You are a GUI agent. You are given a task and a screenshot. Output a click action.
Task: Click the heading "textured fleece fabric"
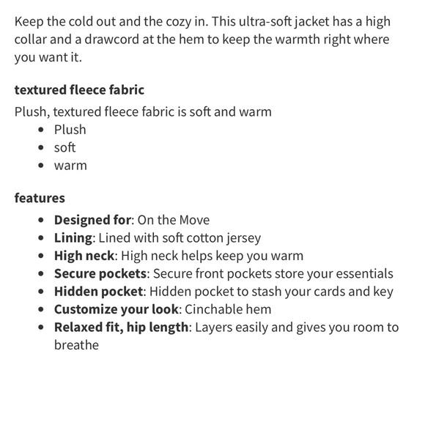coord(79,90)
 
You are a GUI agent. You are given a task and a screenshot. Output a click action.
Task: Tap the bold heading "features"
coord(40,198)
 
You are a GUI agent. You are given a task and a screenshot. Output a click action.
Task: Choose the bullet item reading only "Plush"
coord(70,130)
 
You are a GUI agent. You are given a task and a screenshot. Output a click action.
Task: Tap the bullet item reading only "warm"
coord(70,165)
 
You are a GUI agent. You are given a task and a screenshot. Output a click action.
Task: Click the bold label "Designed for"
coord(92,220)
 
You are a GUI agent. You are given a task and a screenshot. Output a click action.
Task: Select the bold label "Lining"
coord(73,237)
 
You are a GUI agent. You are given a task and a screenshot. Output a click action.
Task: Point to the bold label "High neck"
coord(84,256)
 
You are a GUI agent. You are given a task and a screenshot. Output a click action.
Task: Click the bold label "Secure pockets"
coord(100,273)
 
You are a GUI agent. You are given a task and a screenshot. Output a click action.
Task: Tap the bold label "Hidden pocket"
coord(98,291)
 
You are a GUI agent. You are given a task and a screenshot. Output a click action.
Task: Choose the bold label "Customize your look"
coord(116,309)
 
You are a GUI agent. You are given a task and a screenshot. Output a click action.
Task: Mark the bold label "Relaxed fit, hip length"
coord(121,327)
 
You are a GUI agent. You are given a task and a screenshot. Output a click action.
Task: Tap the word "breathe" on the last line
coord(76,344)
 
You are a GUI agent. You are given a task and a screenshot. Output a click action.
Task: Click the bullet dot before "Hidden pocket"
coord(41,292)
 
